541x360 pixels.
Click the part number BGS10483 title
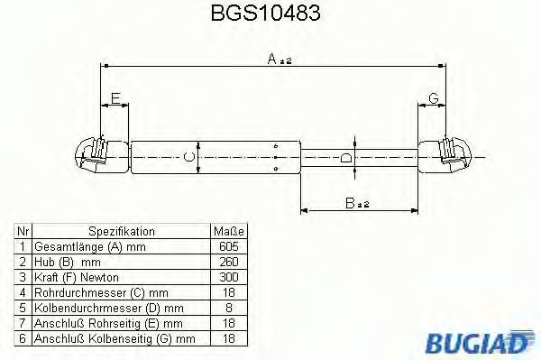click(265, 13)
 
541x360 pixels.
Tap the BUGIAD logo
click(480, 342)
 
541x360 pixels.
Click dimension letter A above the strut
click(272, 59)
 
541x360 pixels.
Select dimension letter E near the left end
click(115, 98)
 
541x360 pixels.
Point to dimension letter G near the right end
click(434, 98)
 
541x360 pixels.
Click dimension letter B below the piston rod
click(350, 203)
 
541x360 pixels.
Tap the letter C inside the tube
click(189, 157)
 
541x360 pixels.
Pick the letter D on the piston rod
click(346, 158)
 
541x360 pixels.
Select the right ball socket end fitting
click(445, 156)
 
